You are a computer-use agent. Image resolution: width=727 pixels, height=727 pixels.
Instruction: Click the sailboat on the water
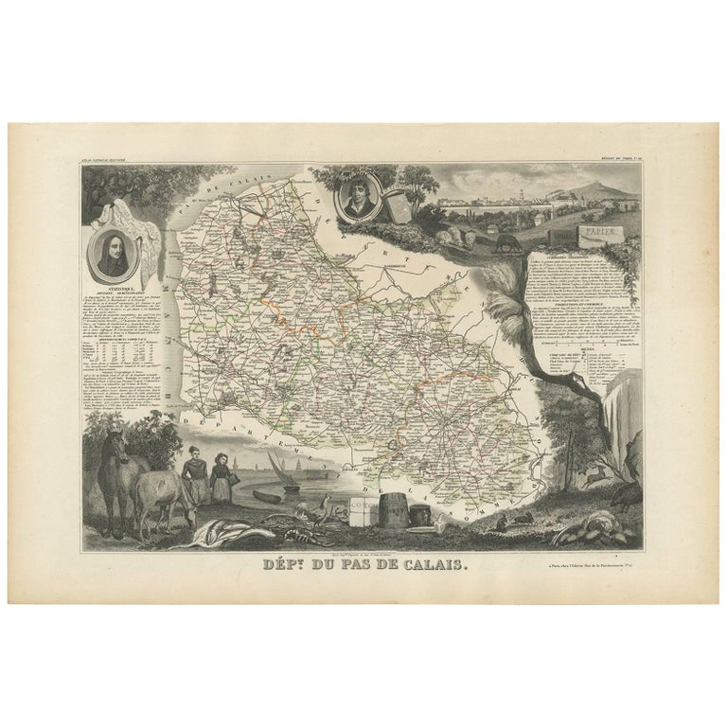pyautogui.click(x=280, y=470)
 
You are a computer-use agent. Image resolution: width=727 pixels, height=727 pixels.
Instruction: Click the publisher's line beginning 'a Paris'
pyautogui.click(x=577, y=566)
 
